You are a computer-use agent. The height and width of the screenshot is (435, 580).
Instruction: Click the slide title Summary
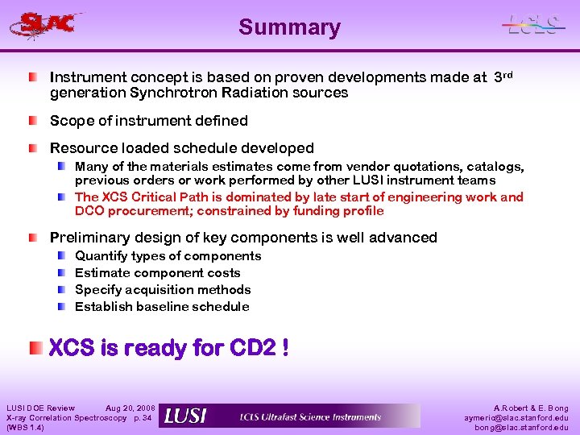click(289, 27)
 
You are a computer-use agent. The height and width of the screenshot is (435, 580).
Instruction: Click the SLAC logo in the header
click(48, 24)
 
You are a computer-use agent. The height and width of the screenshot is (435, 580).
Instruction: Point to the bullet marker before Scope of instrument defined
click(32, 121)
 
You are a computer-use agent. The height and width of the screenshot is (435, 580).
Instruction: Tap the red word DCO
click(89, 211)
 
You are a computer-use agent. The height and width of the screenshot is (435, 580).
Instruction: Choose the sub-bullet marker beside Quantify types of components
click(62, 256)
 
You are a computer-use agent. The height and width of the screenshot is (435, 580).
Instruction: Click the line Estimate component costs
click(157, 273)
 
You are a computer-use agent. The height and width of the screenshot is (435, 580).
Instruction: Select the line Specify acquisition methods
click(163, 290)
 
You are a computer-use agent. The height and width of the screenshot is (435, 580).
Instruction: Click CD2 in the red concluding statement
click(253, 348)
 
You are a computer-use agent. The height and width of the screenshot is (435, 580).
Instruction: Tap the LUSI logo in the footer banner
click(185, 416)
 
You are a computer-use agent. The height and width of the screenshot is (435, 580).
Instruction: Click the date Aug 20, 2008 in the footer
click(130, 408)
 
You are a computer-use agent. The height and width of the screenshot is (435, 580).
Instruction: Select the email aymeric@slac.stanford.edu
click(516, 417)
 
